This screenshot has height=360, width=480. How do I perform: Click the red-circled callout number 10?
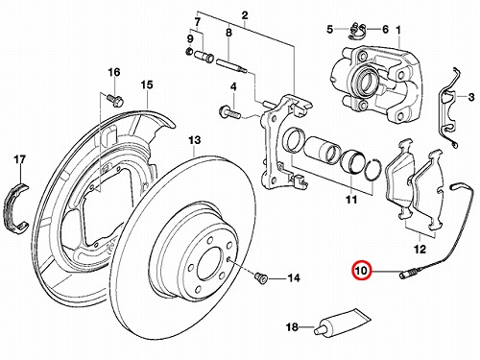(361, 271)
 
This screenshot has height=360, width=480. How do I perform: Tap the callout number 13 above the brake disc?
(195, 140)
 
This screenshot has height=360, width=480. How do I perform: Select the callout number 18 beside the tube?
(292, 327)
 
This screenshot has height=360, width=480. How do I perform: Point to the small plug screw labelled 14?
(260, 277)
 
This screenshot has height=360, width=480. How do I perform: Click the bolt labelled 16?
(115, 99)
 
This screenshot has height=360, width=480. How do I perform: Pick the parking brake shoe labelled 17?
(17, 206)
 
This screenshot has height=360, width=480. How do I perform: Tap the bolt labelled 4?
(228, 113)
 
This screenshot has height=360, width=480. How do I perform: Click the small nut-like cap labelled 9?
(189, 51)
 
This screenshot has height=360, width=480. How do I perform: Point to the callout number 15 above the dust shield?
(147, 85)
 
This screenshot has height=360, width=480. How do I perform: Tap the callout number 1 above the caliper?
(398, 31)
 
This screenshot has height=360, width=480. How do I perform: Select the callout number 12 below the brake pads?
(420, 249)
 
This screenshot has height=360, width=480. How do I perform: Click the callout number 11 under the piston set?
(351, 200)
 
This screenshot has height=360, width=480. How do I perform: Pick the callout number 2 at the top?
(245, 15)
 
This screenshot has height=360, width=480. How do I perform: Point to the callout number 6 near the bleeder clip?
(385, 30)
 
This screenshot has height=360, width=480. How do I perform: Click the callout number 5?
(330, 30)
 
